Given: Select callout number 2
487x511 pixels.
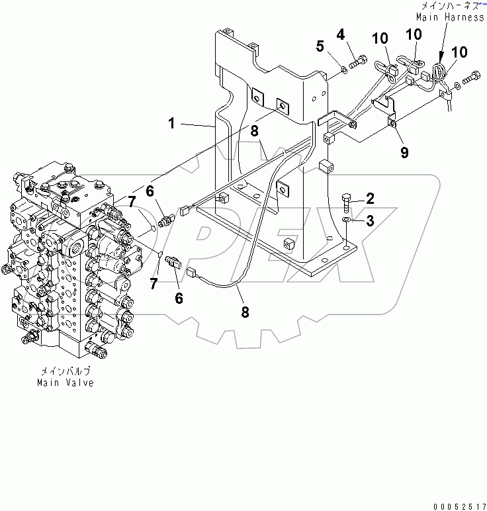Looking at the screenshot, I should (x=370, y=198).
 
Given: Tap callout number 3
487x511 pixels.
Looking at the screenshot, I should (x=370, y=220).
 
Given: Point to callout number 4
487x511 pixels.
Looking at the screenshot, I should (x=340, y=34).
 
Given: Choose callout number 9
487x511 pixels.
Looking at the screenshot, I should (x=404, y=153).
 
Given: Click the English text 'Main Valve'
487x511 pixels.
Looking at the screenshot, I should (x=65, y=383).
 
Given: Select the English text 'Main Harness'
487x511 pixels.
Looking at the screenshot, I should (x=450, y=17).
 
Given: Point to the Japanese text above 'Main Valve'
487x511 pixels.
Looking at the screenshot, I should (x=65, y=371).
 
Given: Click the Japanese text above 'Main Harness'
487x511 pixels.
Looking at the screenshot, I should (x=445, y=6).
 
